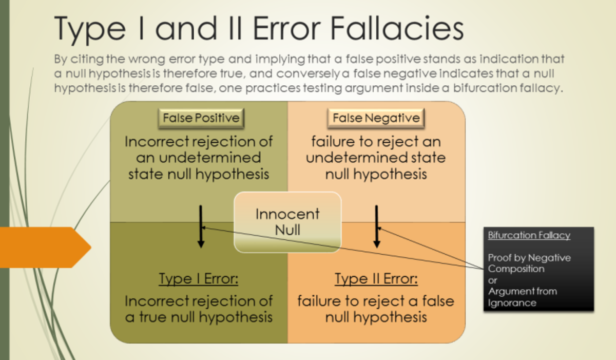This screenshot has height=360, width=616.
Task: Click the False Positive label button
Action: coord(201,118)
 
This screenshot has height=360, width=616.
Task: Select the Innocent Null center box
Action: coord(287,222)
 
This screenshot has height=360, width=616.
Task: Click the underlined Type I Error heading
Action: coord(199,279)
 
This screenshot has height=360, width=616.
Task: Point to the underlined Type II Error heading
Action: coord(376,279)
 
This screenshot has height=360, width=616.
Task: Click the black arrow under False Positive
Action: coord(201,226)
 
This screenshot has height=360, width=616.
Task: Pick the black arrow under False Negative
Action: coord(376,226)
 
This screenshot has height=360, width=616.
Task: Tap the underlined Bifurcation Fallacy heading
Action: coord(529,236)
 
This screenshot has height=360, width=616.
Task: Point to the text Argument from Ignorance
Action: coord(522,297)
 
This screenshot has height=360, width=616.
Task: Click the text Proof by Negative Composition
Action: coord(529,263)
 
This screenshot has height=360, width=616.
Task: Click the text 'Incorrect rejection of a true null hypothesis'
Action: coord(199,308)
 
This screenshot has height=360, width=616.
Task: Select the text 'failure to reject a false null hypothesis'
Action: coord(376,308)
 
